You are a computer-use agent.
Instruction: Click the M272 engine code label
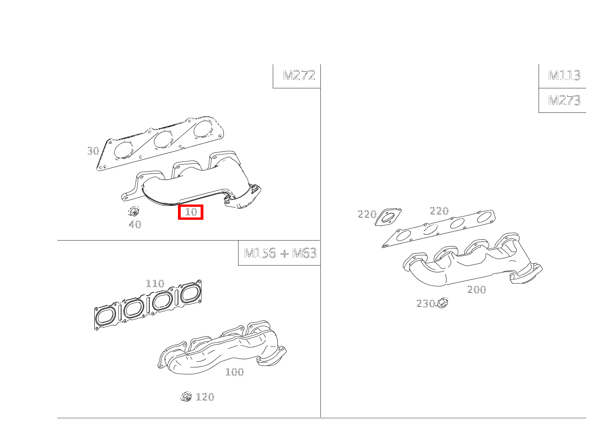[x=299, y=75]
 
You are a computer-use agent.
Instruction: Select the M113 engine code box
[x=564, y=75]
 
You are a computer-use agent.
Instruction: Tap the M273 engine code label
[x=564, y=100]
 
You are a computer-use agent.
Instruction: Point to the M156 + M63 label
[x=280, y=253]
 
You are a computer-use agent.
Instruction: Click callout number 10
[x=191, y=212]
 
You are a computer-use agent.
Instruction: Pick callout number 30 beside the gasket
[x=93, y=151]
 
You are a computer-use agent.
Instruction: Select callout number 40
[x=135, y=225]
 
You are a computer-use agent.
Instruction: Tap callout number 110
[x=155, y=284]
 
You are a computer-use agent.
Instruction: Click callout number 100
[x=234, y=372]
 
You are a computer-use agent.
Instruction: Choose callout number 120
[x=205, y=397]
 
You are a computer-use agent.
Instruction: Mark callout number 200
[x=477, y=290]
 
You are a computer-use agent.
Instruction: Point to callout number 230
[x=425, y=304]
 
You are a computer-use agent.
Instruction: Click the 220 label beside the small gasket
[x=367, y=214]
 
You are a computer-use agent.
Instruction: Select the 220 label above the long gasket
[x=439, y=211]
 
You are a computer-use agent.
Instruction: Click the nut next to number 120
[x=186, y=397]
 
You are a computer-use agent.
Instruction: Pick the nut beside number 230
[x=442, y=303]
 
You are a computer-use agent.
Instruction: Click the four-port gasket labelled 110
[x=148, y=305]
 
